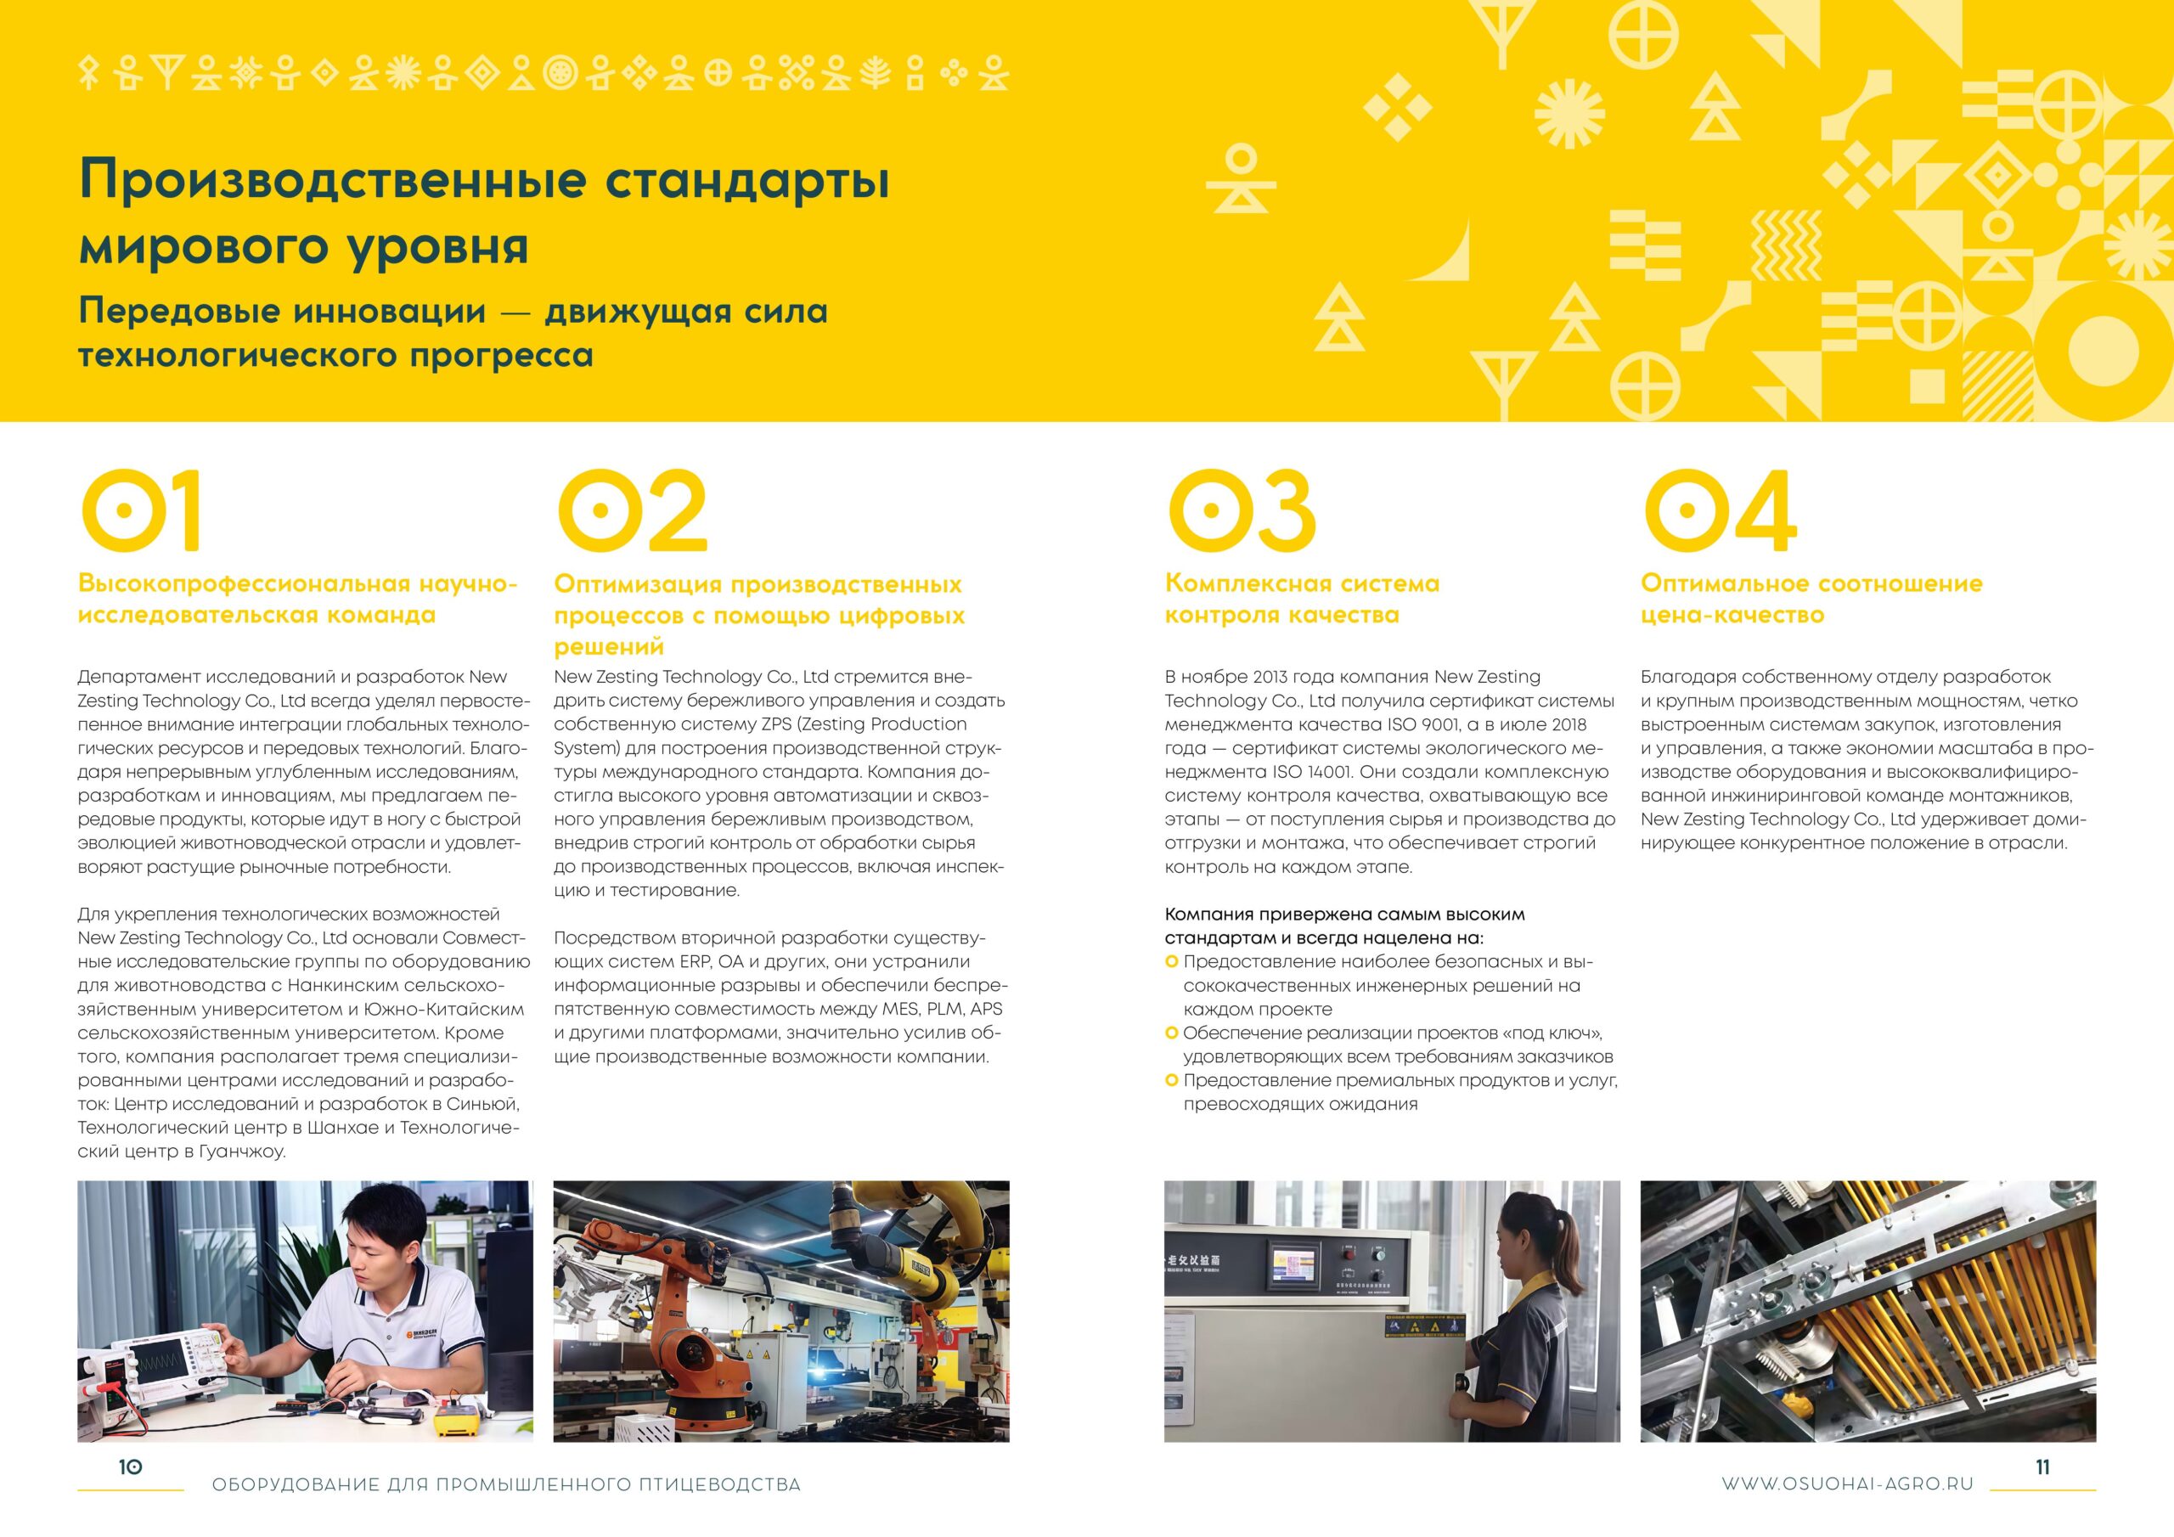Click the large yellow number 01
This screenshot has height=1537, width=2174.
click(141, 510)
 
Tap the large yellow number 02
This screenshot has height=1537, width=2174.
click(632, 510)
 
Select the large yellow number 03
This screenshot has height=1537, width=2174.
click(1242, 510)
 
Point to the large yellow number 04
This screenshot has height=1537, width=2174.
click(1720, 510)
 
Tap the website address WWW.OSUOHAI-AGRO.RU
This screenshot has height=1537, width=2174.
click(1847, 1485)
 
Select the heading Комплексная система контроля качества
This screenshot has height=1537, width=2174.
click(1302, 599)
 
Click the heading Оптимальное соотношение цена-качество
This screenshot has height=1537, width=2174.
click(1811, 599)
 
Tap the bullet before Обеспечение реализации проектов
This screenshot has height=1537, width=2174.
click(1171, 1033)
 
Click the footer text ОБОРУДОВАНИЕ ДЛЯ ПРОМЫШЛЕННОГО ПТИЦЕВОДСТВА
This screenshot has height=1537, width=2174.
click(507, 1485)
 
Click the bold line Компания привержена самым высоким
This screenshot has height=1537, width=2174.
click(1344, 915)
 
